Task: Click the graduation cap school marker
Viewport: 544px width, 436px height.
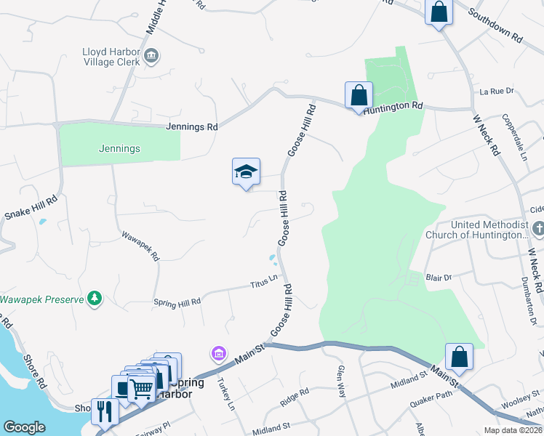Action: [x=246, y=172]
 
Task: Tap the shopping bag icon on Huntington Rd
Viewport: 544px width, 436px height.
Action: [x=359, y=95]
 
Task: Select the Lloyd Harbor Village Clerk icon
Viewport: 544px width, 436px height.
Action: [x=152, y=55]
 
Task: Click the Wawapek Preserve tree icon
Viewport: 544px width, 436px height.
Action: [x=94, y=298]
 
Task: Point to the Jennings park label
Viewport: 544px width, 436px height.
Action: [x=119, y=148]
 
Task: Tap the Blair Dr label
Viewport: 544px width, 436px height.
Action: [x=439, y=278]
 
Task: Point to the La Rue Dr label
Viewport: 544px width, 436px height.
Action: [x=497, y=92]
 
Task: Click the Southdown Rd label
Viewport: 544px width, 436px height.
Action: [x=495, y=25]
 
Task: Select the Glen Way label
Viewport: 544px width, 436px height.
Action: [x=340, y=381]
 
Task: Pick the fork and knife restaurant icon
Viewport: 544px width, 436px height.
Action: [x=105, y=411]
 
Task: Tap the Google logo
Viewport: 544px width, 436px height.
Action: [x=24, y=428]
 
